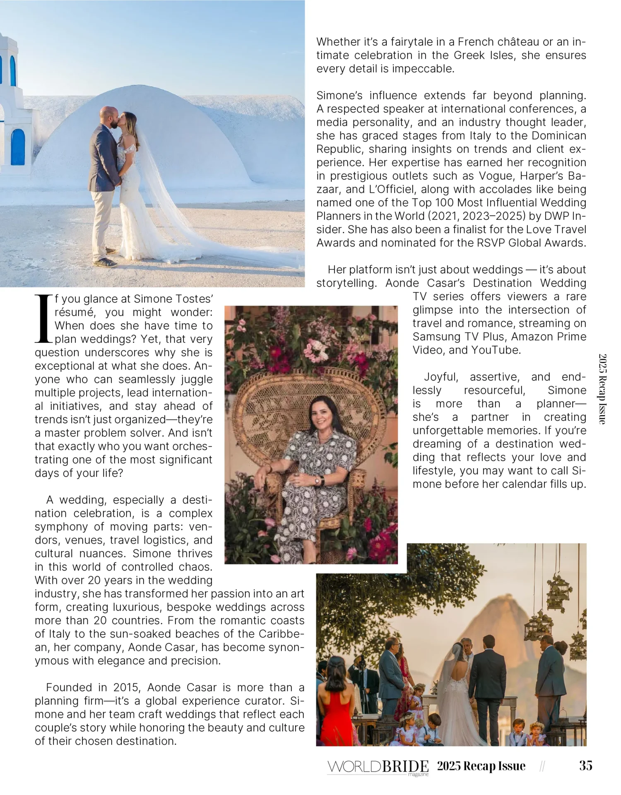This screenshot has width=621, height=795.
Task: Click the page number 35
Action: pyautogui.click(x=585, y=766)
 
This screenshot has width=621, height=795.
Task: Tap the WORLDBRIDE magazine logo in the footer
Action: pyautogui.click(x=378, y=767)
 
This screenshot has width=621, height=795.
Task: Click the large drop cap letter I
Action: pyautogui.click(x=43, y=319)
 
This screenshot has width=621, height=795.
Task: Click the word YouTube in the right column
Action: pyautogui.click(x=496, y=350)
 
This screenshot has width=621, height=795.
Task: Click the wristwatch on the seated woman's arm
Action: pyautogui.click(x=318, y=481)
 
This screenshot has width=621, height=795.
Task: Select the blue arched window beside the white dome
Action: pyautogui.click(x=17, y=147)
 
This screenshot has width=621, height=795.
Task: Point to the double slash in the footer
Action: pyautogui.click(x=542, y=766)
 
